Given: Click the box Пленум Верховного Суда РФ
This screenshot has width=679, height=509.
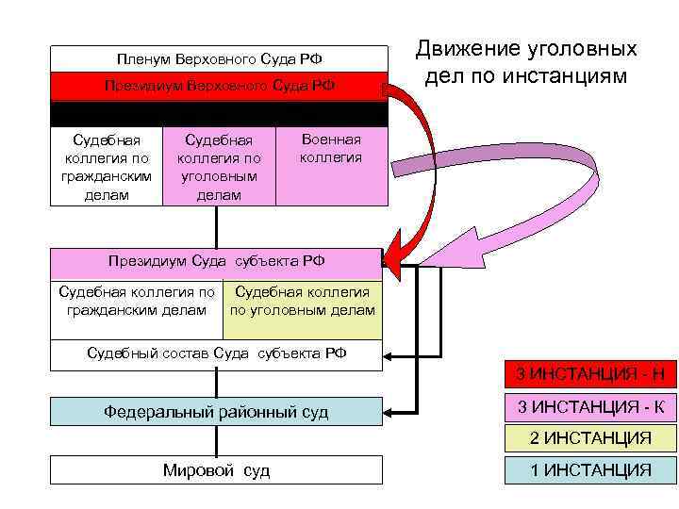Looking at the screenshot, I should (218, 58).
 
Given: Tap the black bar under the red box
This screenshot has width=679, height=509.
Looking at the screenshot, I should (218, 114).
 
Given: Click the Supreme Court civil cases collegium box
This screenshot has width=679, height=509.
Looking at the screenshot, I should (106, 167).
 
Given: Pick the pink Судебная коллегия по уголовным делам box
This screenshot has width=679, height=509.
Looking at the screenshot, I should (219, 167).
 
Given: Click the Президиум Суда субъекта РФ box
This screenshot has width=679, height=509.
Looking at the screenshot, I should (216, 261).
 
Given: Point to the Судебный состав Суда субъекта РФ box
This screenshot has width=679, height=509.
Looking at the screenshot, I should (216, 354).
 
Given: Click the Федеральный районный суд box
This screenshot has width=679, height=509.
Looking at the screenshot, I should (216, 411).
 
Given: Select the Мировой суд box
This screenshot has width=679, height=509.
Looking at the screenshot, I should (216, 469).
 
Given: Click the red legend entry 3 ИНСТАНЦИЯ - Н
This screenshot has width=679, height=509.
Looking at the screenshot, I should (590, 374).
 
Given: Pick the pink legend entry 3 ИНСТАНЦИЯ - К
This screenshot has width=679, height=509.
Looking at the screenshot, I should (590, 407).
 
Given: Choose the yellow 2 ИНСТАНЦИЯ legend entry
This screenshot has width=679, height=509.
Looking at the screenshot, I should (590, 438).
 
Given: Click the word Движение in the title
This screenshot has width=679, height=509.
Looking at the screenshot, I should (465, 50).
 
